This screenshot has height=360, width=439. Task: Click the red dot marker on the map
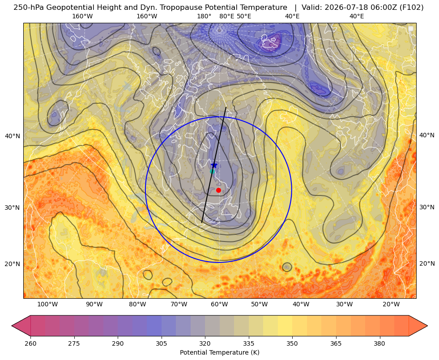click(219, 190)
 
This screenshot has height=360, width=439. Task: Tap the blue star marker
click(214, 165)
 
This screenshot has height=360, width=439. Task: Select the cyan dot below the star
click(213, 171)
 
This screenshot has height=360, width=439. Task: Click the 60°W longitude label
click(219, 305)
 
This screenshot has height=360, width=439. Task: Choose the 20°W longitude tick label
click(391, 305)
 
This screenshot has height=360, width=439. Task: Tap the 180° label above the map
click(204, 16)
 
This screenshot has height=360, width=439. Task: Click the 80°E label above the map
click(226, 16)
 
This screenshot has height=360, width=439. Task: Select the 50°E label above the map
click(244, 16)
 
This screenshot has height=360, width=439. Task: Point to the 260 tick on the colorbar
click(30, 343)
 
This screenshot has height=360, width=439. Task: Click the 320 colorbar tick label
click(205, 343)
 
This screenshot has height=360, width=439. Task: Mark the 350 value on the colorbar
click(292, 343)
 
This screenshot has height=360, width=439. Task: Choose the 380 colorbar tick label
click(379, 343)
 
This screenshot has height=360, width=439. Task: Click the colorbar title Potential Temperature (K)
click(219, 352)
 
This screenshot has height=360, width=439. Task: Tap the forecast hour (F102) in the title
click(413, 8)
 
